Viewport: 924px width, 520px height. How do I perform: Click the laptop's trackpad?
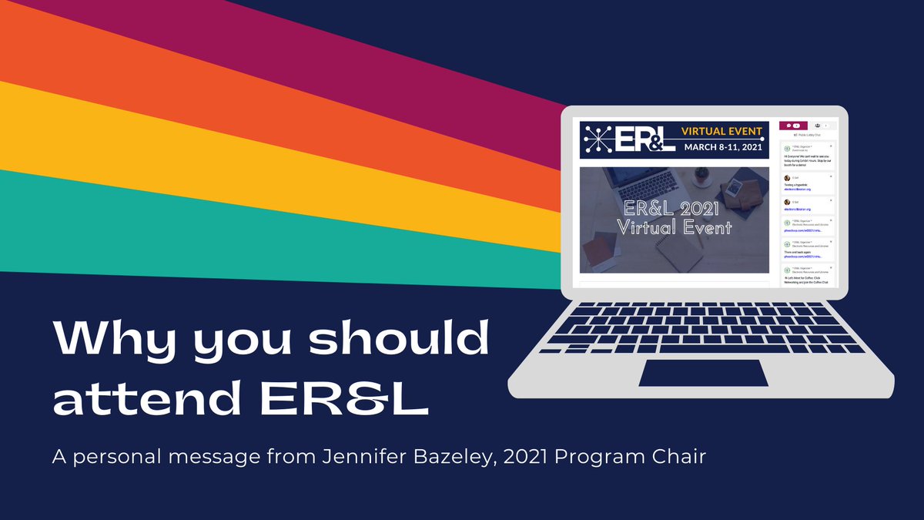(x=703, y=373)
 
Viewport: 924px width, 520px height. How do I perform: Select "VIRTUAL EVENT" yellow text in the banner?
(x=721, y=131)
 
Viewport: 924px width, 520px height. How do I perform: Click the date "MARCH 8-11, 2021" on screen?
(x=721, y=146)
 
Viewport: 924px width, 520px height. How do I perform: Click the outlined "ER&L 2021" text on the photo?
(x=674, y=209)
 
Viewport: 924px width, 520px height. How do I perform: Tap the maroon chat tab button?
(x=793, y=125)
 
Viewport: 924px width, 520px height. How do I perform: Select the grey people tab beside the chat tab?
(x=821, y=125)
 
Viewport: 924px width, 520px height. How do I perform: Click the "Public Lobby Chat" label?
(x=804, y=134)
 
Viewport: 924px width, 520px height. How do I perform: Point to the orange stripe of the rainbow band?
(x=231, y=92)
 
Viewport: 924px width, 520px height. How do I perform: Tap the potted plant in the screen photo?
(x=702, y=176)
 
